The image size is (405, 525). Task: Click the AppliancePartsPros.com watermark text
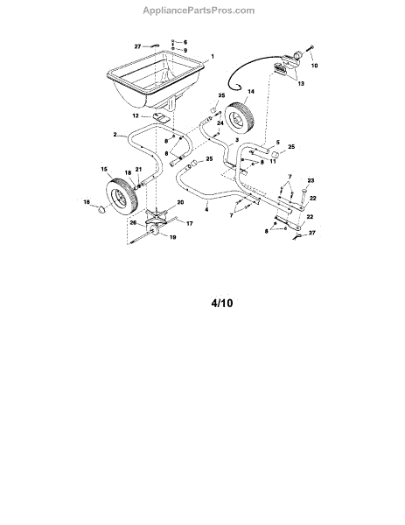click(199, 10)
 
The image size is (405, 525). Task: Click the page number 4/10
click(222, 303)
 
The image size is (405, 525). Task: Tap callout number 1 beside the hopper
click(213, 57)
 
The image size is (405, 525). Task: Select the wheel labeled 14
click(240, 117)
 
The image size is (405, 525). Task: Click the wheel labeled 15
click(122, 197)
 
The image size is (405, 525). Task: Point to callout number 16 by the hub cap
click(87, 202)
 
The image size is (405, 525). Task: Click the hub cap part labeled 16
click(101, 210)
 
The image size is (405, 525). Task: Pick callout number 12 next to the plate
click(136, 115)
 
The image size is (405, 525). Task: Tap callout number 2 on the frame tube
click(115, 135)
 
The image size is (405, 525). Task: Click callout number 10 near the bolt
click(314, 66)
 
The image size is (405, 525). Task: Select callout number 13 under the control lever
click(301, 84)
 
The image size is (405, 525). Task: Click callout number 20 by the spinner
click(180, 202)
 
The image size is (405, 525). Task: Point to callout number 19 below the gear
click(172, 237)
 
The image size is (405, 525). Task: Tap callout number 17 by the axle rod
click(190, 223)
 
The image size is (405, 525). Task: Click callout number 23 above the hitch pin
click(311, 181)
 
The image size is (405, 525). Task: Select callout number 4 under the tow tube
click(206, 210)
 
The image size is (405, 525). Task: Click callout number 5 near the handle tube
click(278, 143)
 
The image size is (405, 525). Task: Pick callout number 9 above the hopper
click(185, 51)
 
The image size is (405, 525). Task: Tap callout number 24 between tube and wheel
click(220, 123)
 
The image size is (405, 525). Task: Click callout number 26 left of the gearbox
click(133, 222)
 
